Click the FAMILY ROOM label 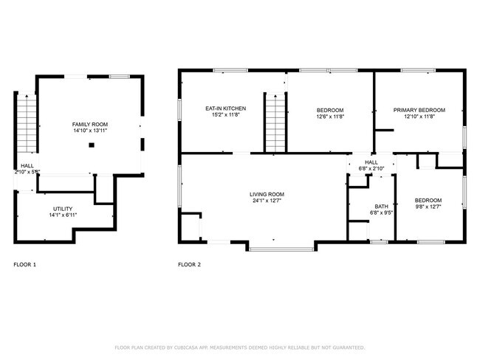click(x=89, y=123)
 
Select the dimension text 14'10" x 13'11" click(x=89, y=131)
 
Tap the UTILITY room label click(x=62, y=208)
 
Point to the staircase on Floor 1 click(x=26, y=121)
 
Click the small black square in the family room click(x=91, y=146)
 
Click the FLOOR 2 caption click(x=189, y=264)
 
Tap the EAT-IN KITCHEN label click(x=225, y=108)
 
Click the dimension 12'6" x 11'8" click(x=330, y=116)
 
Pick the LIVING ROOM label click(x=267, y=193)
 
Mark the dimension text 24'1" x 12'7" click(x=267, y=201)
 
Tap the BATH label click(x=381, y=207)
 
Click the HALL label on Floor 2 click(x=371, y=162)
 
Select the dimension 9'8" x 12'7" click(x=428, y=208)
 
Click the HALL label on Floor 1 click(x=27, y=165)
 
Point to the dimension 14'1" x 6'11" click(x=62, y=215)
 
